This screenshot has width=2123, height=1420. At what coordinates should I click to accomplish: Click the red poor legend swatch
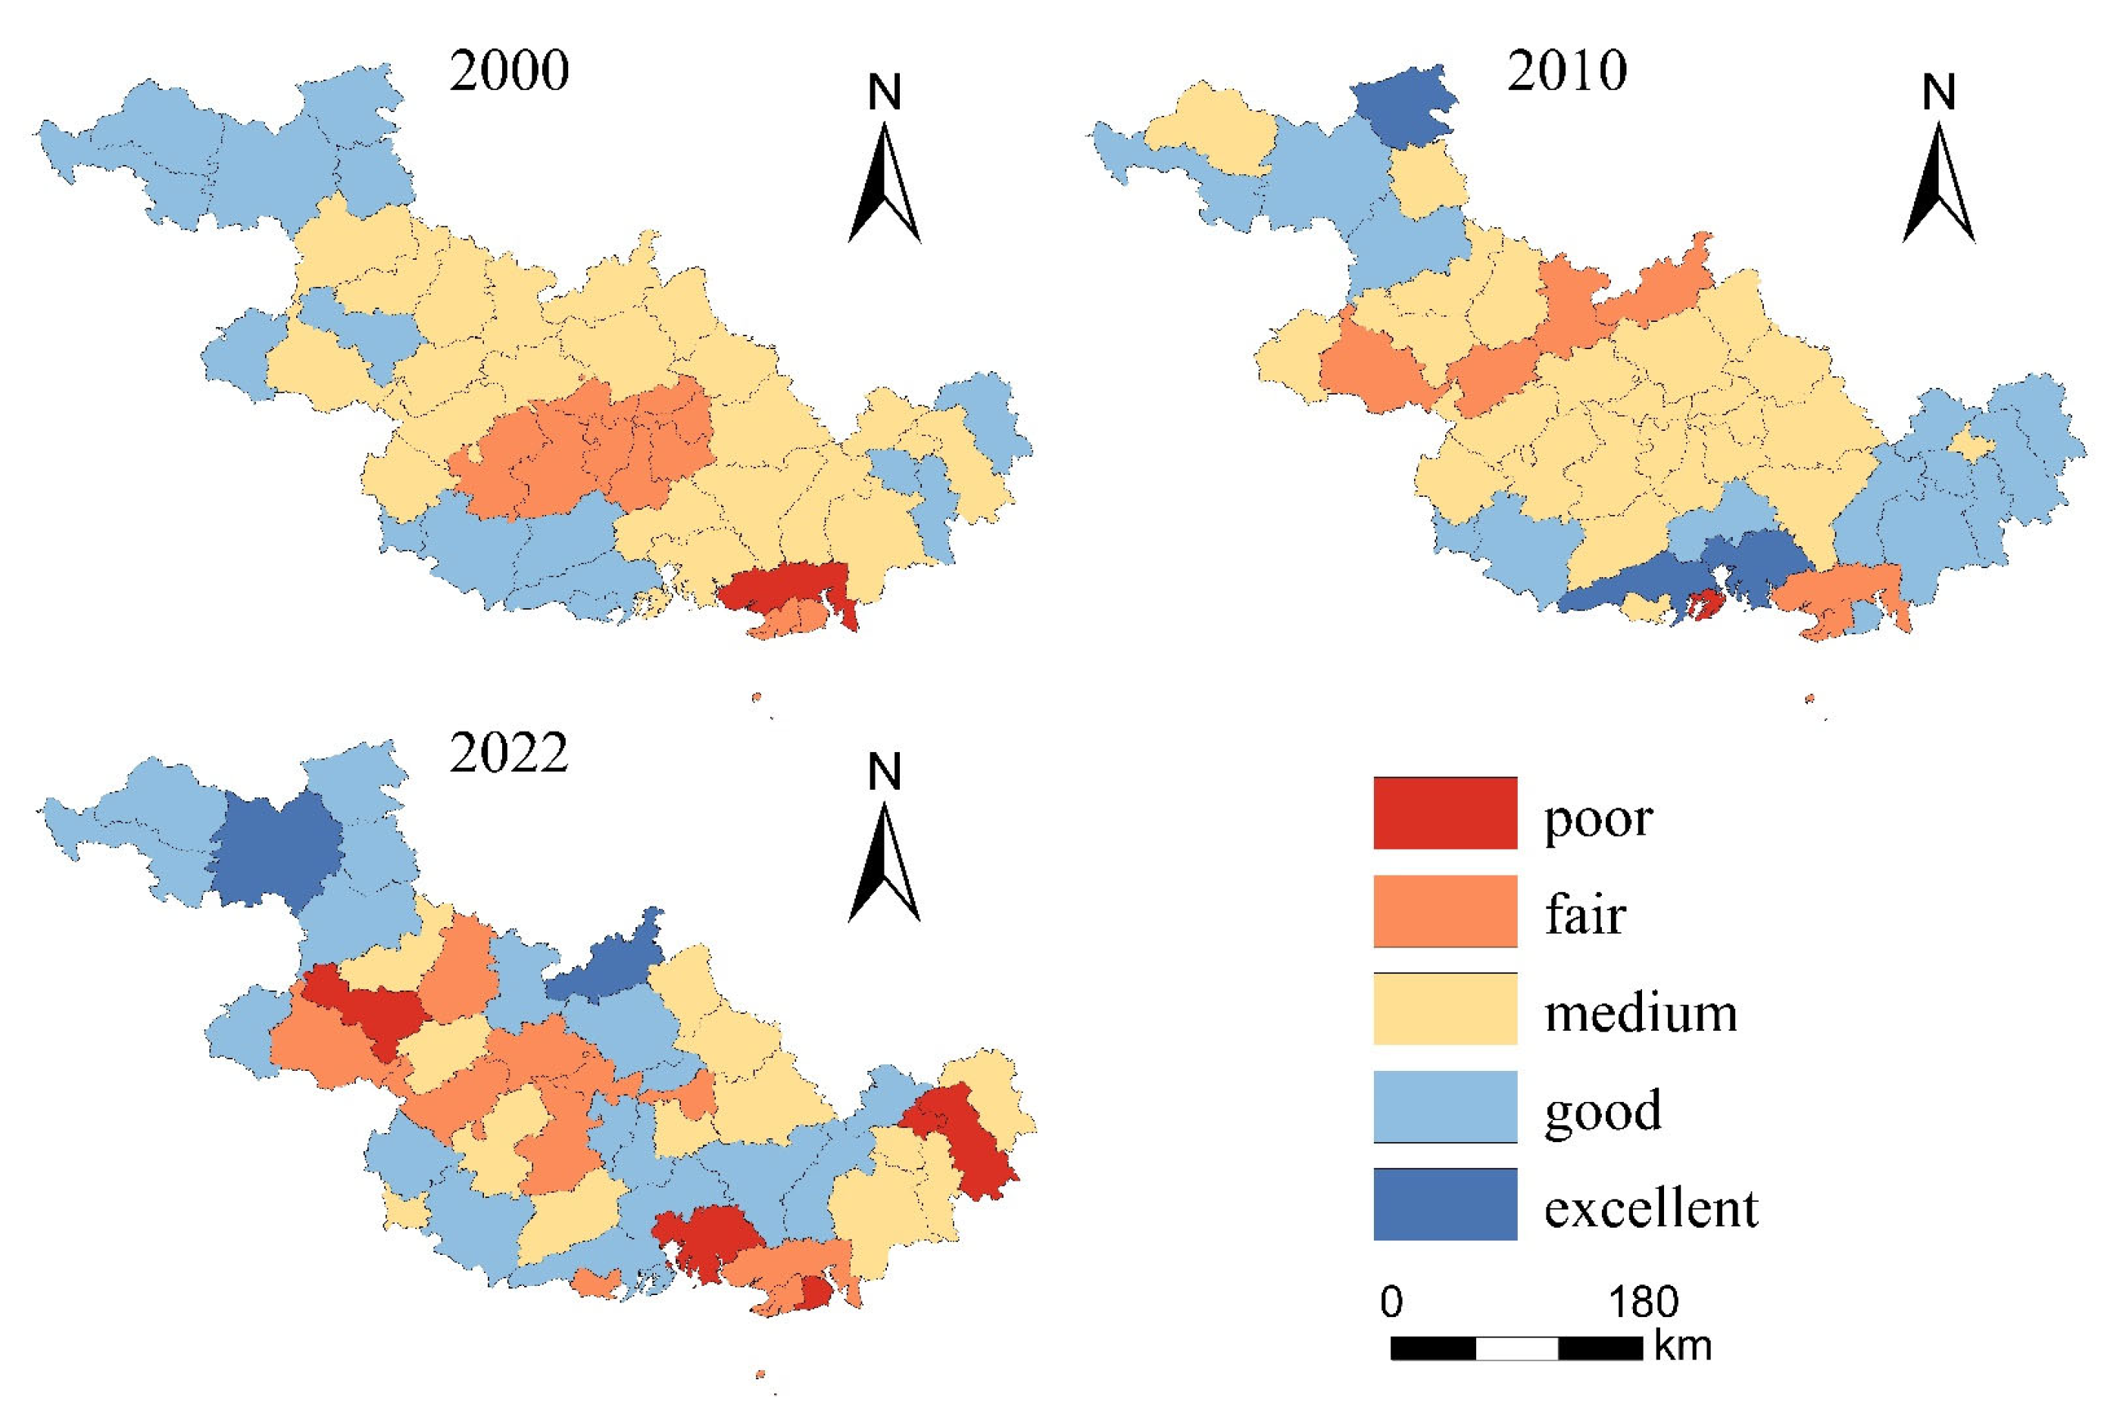tap(1444, 813)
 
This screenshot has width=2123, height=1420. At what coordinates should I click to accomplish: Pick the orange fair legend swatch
tap(1444, 910)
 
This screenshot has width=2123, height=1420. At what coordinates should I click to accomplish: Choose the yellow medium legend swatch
tap(1444, 1009)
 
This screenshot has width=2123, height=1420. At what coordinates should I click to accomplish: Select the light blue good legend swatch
tap(1444, 1106)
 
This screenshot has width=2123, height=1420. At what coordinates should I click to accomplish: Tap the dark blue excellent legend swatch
tap(1444, 1203)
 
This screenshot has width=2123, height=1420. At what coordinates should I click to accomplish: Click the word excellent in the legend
tap(1650, 1207)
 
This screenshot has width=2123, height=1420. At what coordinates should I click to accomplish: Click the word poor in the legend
tap(1597, 819)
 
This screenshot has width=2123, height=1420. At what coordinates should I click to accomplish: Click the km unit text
tap(1683, 1347)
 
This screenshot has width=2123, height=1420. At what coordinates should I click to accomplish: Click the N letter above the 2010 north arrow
tap(1938, 92)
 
